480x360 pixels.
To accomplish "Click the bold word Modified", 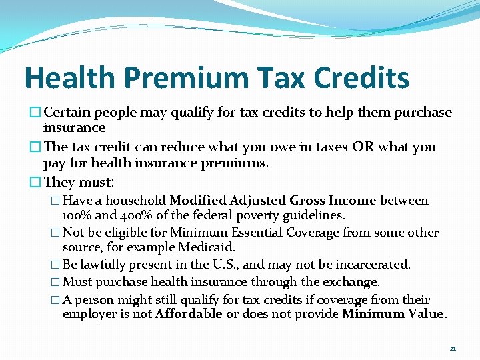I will (198, 201).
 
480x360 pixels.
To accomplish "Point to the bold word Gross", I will (309, 201).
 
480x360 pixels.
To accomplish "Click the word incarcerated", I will (374, 265).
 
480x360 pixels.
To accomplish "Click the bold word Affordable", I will (188, 314).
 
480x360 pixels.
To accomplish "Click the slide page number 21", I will (453, 349).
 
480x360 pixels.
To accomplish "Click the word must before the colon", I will (96, 182).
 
